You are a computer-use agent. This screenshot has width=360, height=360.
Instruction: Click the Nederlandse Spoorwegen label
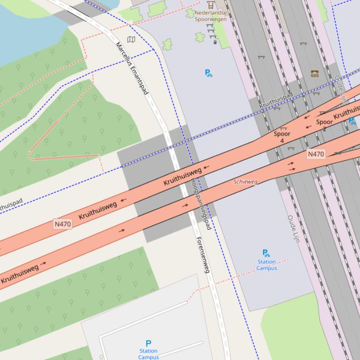[x=211, y=16]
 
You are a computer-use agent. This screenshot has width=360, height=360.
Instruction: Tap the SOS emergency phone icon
[x=315, y=74]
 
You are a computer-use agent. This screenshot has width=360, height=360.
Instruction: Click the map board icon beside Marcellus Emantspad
[x=132, y=40]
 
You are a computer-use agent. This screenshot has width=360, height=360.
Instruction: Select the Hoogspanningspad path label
[x=200, y=204]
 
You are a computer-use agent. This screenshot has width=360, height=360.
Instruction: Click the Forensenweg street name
[x=203, y=255]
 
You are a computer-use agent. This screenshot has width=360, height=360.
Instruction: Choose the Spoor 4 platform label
[x=282, y=137]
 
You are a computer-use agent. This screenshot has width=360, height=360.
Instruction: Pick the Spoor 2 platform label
[x=324, y=125]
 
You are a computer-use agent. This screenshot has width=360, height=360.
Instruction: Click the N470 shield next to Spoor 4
[x=316, y=154]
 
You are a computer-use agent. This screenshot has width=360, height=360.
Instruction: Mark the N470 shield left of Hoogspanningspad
[x=63, y=224]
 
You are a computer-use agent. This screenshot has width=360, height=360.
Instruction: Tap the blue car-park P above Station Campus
[x=148, y=344]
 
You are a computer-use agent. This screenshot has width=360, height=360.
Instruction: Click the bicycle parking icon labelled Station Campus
[x=266, y=253]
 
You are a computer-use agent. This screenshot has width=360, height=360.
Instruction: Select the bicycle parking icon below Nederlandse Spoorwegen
[x=209, y=73]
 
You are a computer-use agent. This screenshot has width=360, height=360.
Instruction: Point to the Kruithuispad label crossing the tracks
[x=276, y=101]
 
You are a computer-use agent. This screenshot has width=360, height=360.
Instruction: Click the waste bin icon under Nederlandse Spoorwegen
[x=215, y=42]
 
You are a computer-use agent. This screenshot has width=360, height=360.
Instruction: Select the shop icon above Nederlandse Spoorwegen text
[x=211, y=5]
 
